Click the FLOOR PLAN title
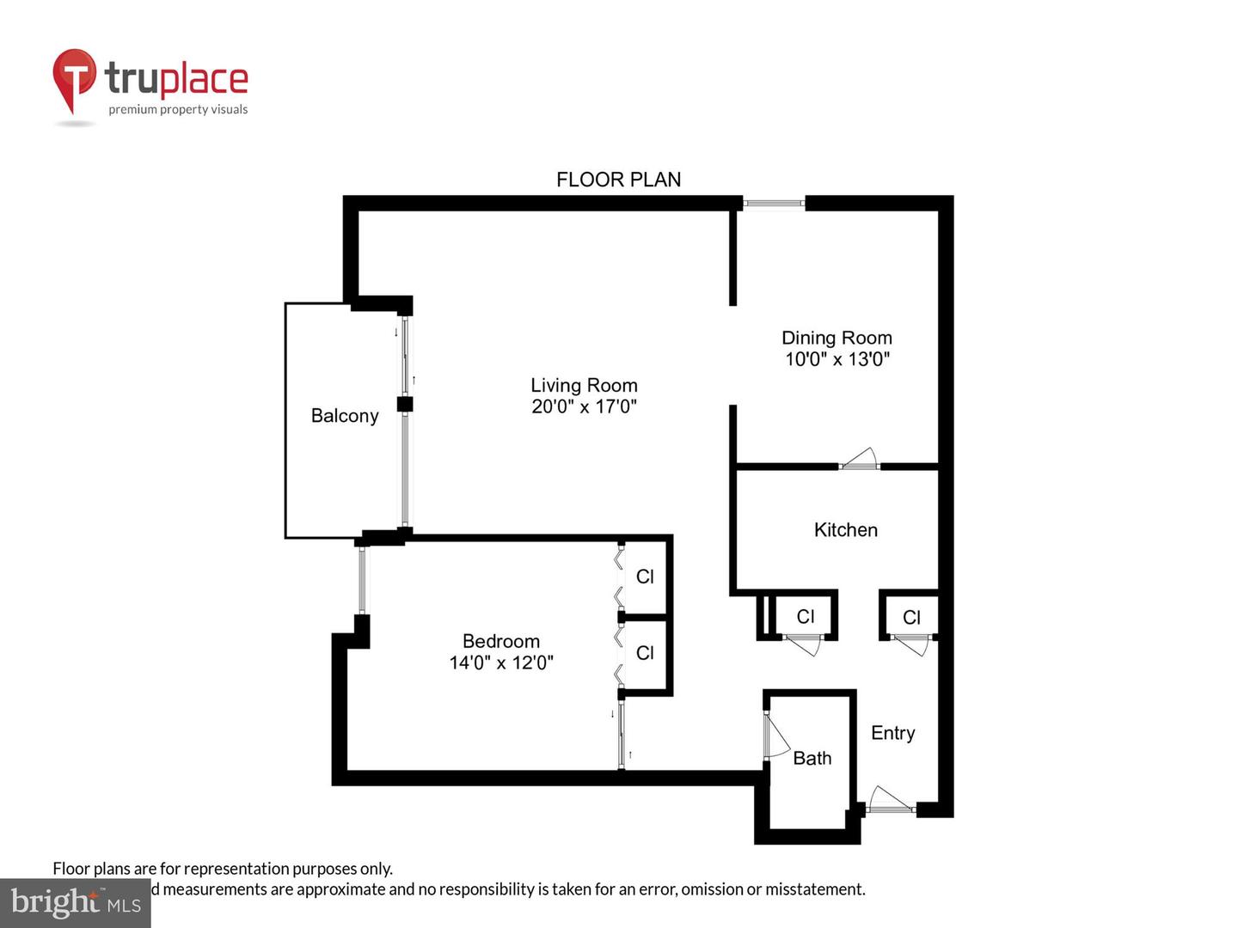[618, 180]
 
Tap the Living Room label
[584, 385]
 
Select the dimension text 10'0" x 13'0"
[837, 359]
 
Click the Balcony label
[345, 416]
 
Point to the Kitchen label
[845, 530]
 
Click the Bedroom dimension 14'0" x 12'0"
[500, 662]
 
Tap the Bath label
[812, 758]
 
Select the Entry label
[892, 733]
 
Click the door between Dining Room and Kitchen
[860, 461]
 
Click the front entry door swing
[889, 802]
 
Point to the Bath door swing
[775, 738]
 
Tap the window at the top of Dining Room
[773, 204]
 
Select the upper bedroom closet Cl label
[645, 577]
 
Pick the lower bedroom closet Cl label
[645, 653]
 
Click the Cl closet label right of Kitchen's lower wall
[911, 617]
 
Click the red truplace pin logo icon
[74, 79]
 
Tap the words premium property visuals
[178, 110]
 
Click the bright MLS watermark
[75, 903]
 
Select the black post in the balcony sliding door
[405, 404]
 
